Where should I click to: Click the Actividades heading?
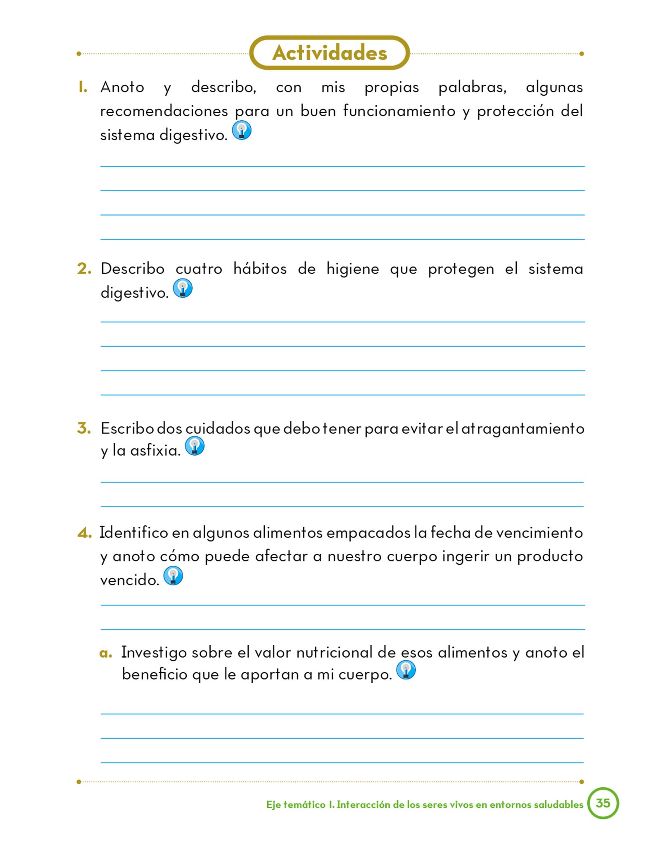(x=329, y=53)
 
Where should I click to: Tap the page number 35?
(x=603, y=803)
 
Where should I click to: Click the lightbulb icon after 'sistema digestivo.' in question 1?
(x=242, y=130)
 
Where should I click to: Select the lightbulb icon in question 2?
(x=183, y=288)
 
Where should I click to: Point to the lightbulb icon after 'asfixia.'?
(x=195, y=446)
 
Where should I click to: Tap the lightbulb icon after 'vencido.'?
(x=173, y=575)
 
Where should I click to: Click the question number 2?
(x=84, y=269)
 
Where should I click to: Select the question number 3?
(x=84, y=428)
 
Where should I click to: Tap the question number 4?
(x=84, y=533)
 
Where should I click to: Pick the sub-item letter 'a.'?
(x=106, y=653)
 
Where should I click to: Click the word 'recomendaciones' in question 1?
(x=164, y=111)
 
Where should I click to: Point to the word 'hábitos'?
(x=260, y=269)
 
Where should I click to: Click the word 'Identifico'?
(x=133, y=532)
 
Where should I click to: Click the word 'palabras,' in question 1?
(x=472, y=88)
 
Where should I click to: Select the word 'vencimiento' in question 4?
(x=539, y=533)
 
